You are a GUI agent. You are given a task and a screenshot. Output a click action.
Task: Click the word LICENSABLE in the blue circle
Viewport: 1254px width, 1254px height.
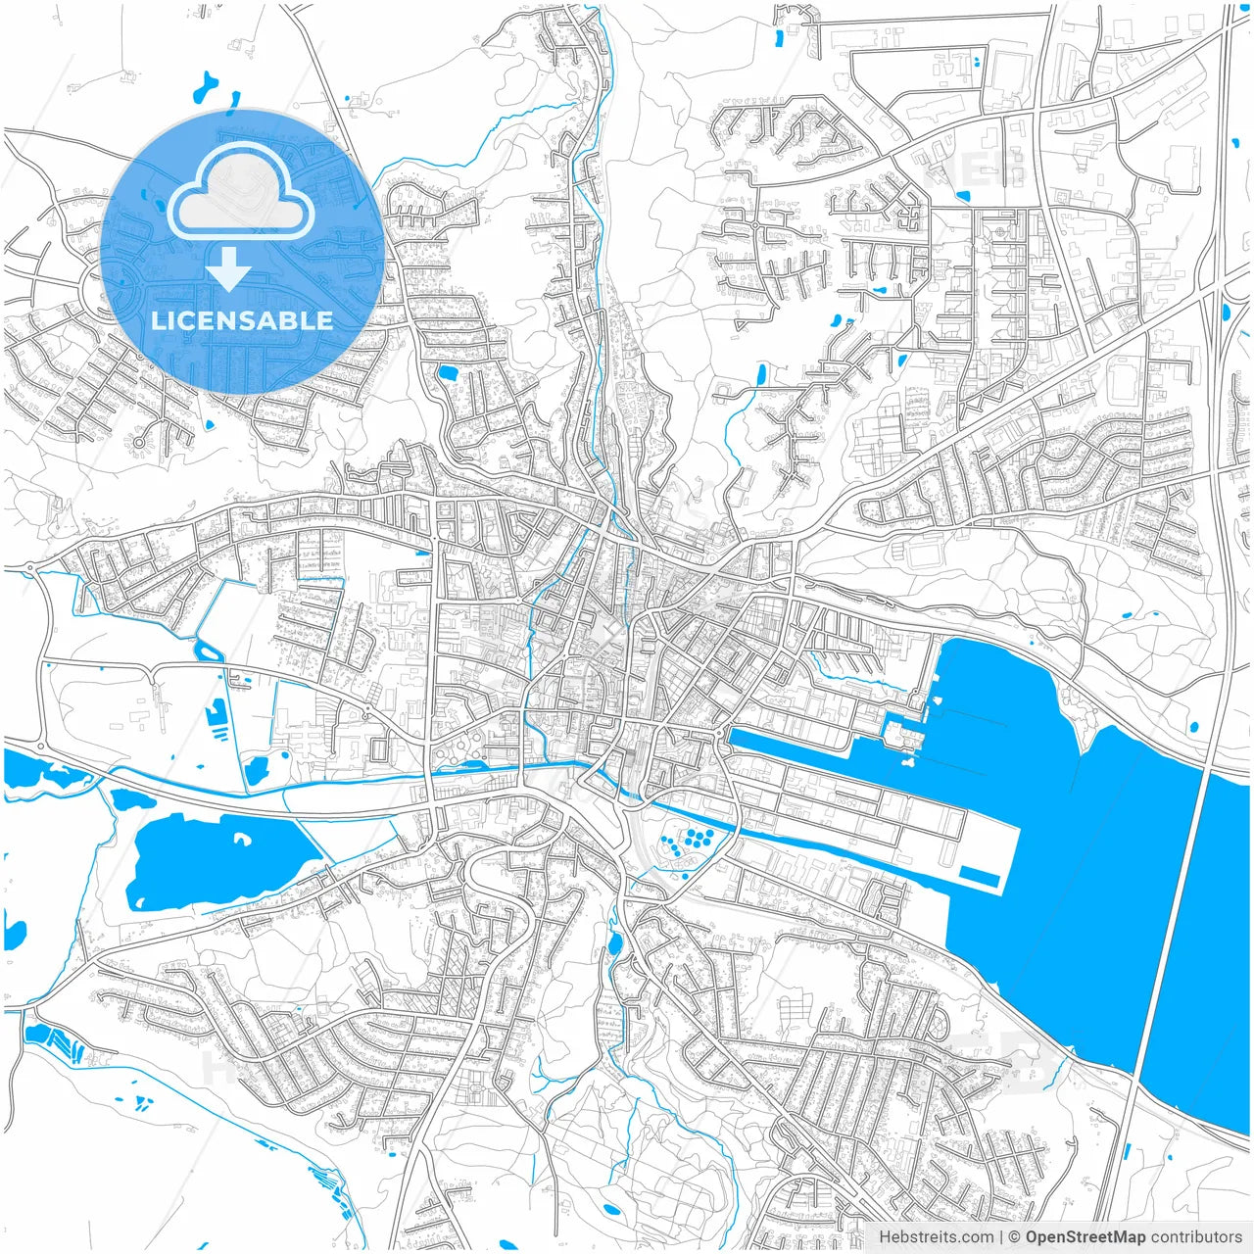(242, 320)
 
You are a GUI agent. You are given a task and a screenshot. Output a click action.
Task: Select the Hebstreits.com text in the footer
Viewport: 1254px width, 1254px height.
(936, 1237)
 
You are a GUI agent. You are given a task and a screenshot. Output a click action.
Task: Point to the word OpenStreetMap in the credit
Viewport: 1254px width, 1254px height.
(1085, 1237)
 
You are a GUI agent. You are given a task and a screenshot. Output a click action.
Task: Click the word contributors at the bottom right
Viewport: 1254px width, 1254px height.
(1196, 1237)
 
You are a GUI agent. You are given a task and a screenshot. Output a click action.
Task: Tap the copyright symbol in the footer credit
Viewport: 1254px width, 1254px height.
(1016, 1237)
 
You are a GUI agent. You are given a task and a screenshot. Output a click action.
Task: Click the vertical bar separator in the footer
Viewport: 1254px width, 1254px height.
(1001, 1237)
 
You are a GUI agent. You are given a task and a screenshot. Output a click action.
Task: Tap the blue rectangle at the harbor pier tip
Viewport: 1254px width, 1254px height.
(979, 877)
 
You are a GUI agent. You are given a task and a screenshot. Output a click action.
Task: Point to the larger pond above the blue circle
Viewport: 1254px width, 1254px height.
(208, 87)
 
